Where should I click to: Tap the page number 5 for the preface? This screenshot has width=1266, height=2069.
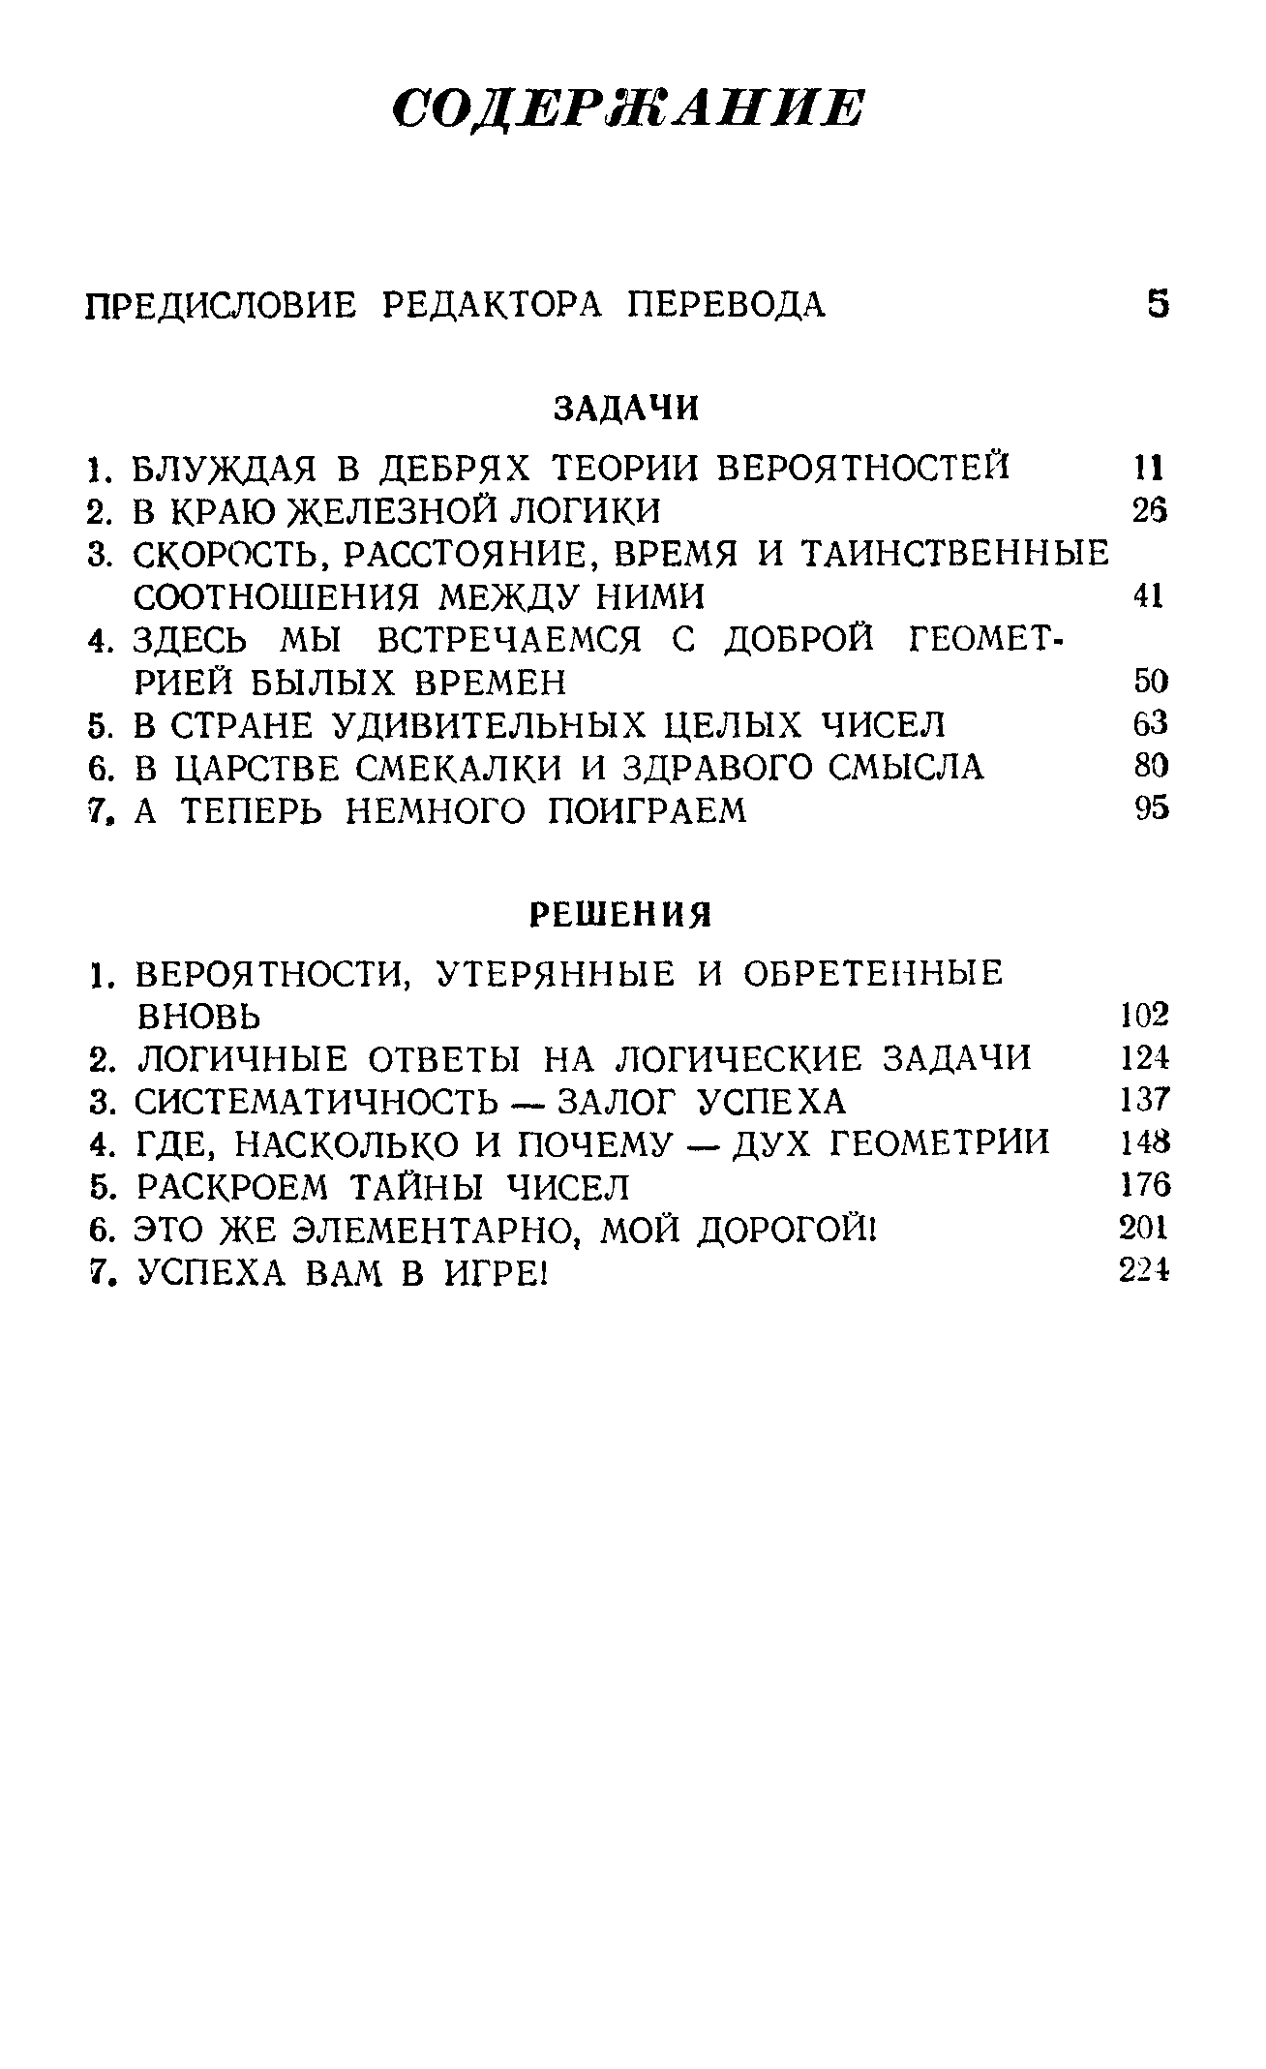[x=1157, y=305]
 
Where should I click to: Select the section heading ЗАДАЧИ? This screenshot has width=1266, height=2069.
[x=626, y=409]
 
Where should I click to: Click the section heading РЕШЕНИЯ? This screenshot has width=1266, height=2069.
[x=621, y=914]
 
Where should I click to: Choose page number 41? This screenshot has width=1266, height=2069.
[x=1148, y=596]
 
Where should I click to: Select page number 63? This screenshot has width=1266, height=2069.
[x=1150, y=724]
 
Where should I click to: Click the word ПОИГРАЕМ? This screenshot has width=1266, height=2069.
[x=648, y=810]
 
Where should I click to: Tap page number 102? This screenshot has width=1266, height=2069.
[x=1144, y=1015]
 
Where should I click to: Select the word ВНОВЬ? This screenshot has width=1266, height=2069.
[x=198, y=1017]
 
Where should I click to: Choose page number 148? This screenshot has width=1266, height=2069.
[x=1144, y=1143]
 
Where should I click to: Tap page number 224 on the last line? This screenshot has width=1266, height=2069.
[x=1144, y=1271]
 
